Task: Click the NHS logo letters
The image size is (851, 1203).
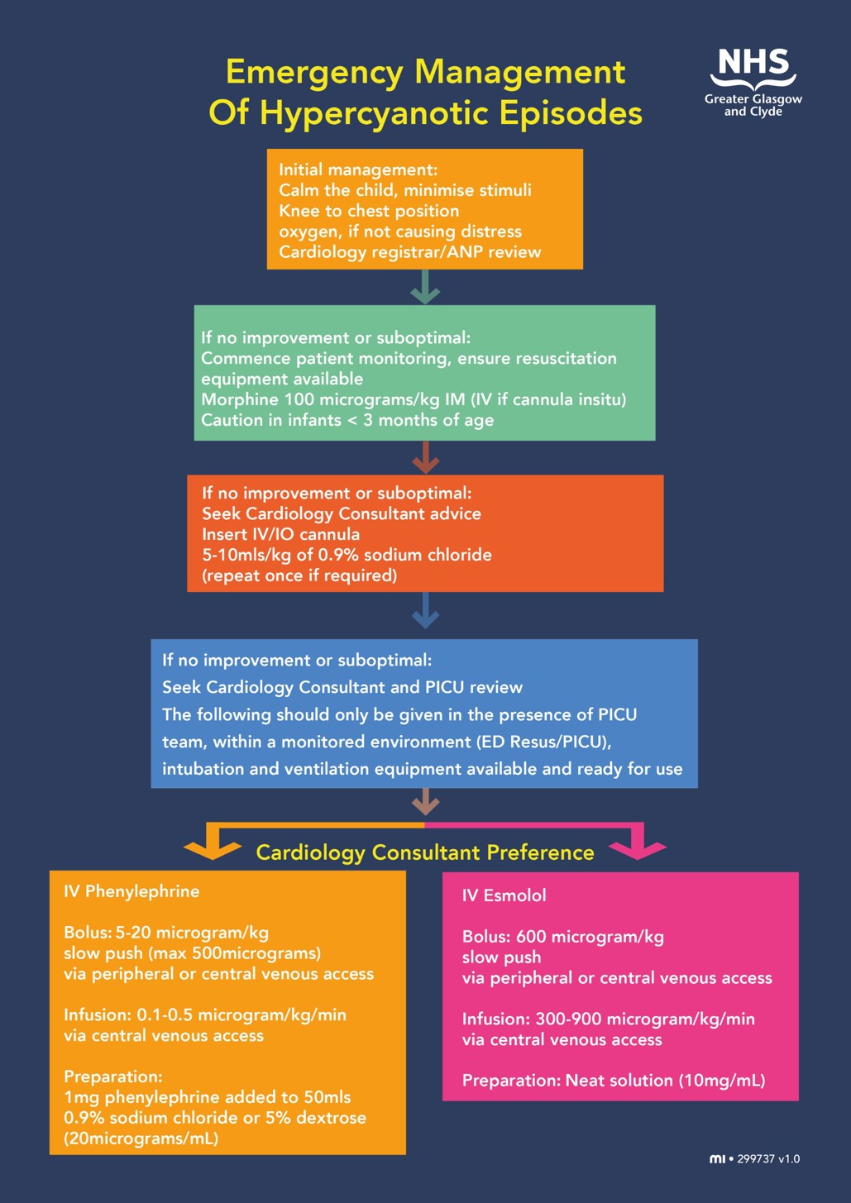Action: coord(753,63)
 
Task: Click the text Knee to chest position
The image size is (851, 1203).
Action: coord(368,211)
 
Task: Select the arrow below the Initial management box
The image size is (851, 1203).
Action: coord(425,287)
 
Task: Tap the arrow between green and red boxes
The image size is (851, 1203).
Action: coord(425,456)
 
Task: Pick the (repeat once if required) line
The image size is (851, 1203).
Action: coord(299,575)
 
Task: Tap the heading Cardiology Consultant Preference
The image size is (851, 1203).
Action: coord(425,852)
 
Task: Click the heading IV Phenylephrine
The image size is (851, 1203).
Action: coord(131,891)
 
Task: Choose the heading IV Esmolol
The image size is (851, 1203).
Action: coord(504,895)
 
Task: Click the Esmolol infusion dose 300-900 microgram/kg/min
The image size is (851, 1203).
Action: coord(645,1019)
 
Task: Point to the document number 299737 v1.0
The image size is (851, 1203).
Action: coord(768,1159)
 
